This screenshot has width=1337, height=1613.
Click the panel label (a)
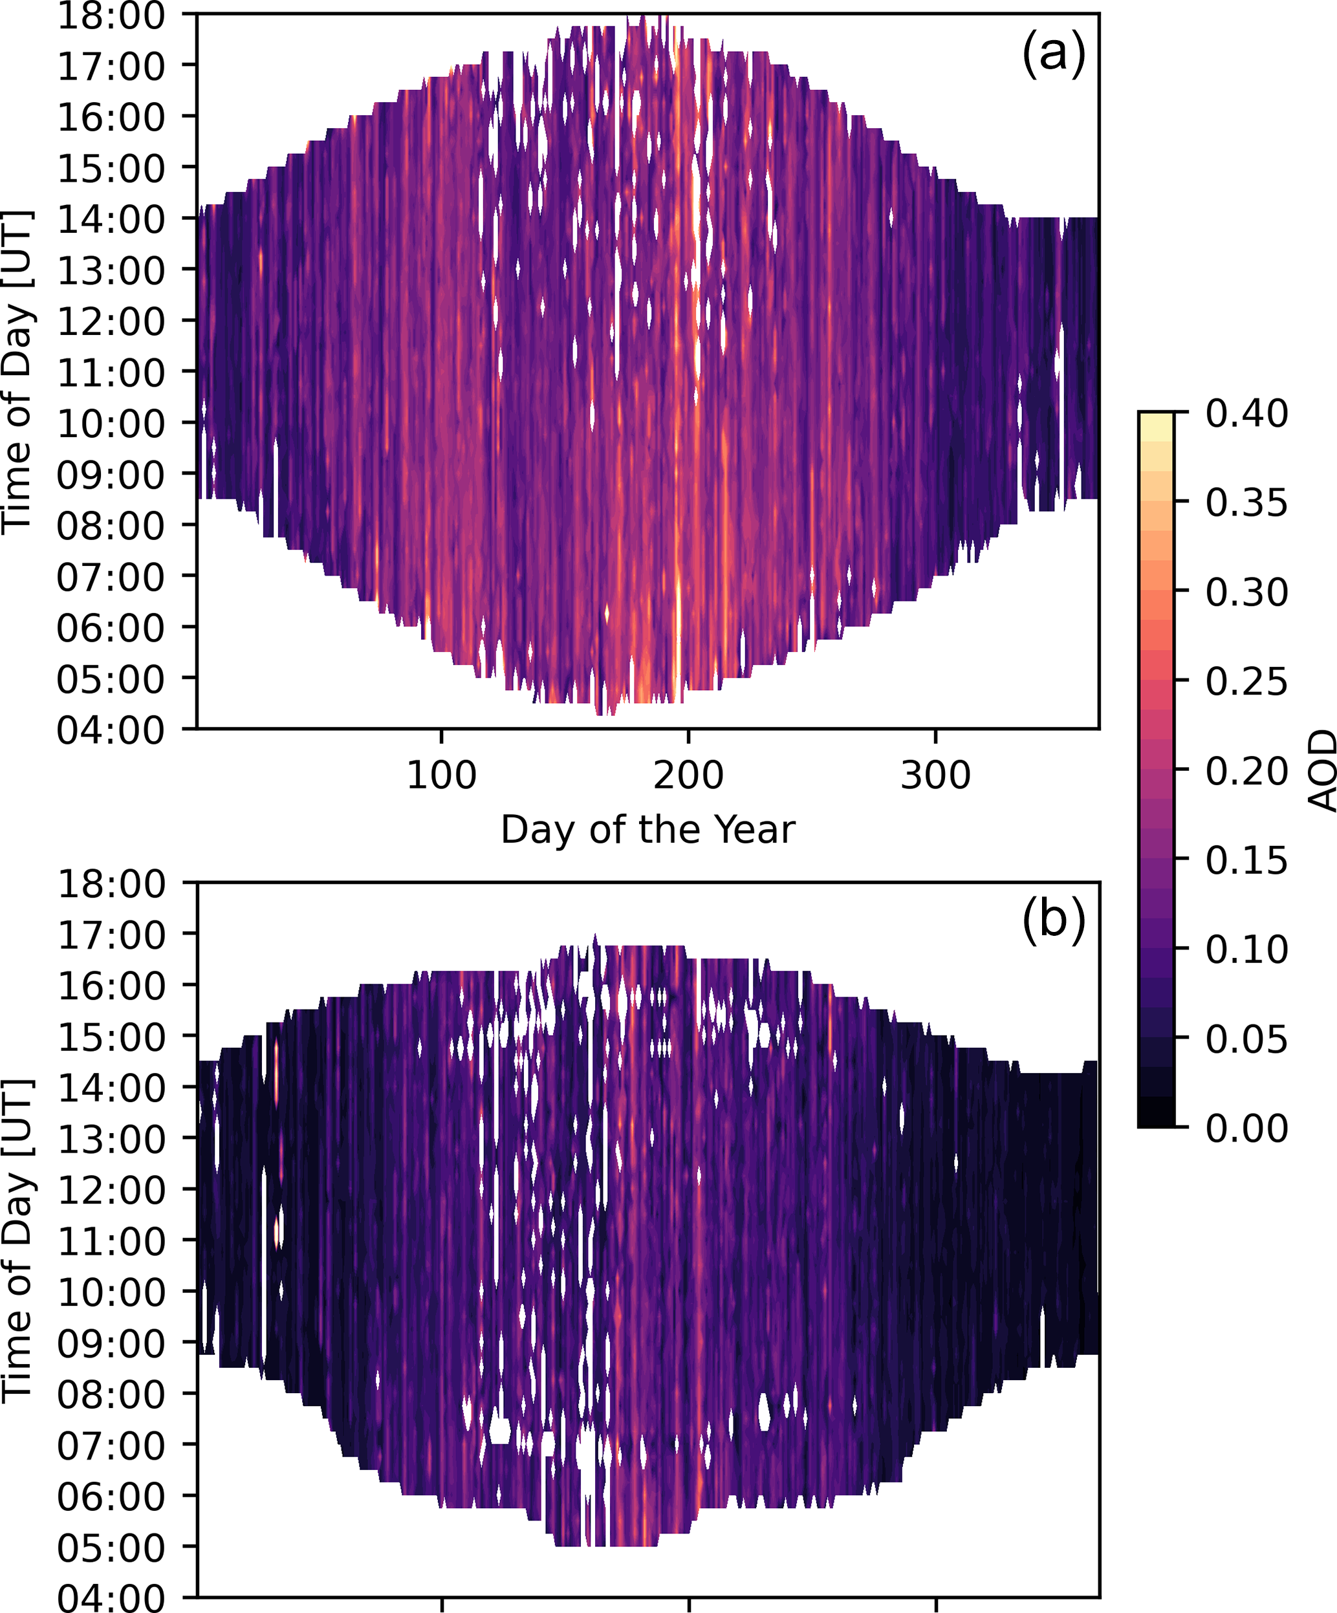1052,54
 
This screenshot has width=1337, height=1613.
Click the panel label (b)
1052,920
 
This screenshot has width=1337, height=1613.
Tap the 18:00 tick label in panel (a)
111,16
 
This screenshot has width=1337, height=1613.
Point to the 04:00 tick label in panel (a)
111,729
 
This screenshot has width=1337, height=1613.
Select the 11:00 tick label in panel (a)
111,373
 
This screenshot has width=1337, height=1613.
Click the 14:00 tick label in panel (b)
111,1088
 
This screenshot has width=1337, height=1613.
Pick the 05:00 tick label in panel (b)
111,1547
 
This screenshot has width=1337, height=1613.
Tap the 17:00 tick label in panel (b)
111,935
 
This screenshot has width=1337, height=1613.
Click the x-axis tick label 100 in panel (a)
441,775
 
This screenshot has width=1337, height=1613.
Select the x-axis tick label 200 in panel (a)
688,775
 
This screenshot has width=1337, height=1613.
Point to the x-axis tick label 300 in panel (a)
935,775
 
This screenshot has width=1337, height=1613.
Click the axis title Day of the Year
647,830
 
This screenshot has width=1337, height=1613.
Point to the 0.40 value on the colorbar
1246,414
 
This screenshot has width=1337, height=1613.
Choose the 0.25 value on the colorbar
1246,681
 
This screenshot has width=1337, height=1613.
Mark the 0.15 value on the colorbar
1246,860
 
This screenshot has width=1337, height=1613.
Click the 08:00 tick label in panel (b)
111,1394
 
